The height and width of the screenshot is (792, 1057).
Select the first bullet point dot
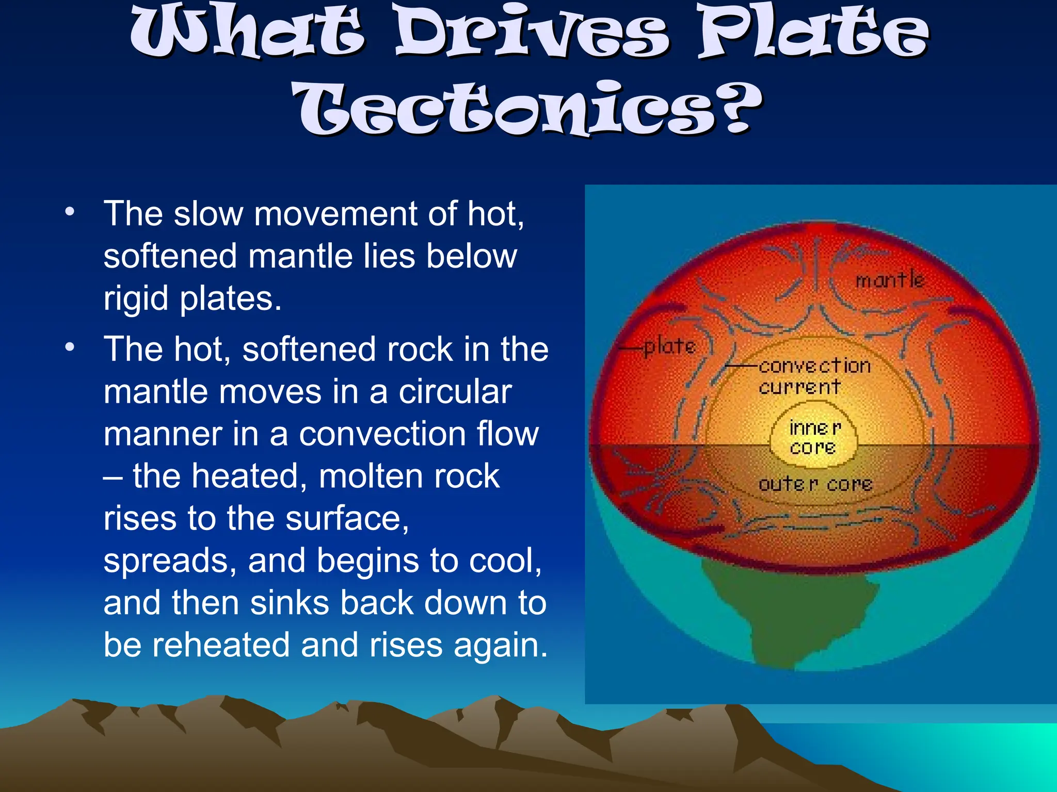pyautogui.click(x=70, y=212)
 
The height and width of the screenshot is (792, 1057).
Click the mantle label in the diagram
pyautogui.click(x=890, y=280)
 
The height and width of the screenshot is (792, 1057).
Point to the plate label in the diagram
pyautogui.click(x=670, y=346)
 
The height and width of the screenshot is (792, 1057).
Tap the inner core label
pyautogui.click(x=814, y=437)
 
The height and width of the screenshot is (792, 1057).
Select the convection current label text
pyautogui.click(x=814, y=376)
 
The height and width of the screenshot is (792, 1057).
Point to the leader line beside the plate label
pyautogui.click(x=631, y=349)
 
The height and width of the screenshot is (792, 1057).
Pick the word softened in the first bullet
pyautogui.click(x=170, y=256)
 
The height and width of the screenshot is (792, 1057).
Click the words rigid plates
pyautogui.click(x=192, y=298)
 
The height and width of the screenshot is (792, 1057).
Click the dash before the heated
pyautogui.click(x=113, y=477)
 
